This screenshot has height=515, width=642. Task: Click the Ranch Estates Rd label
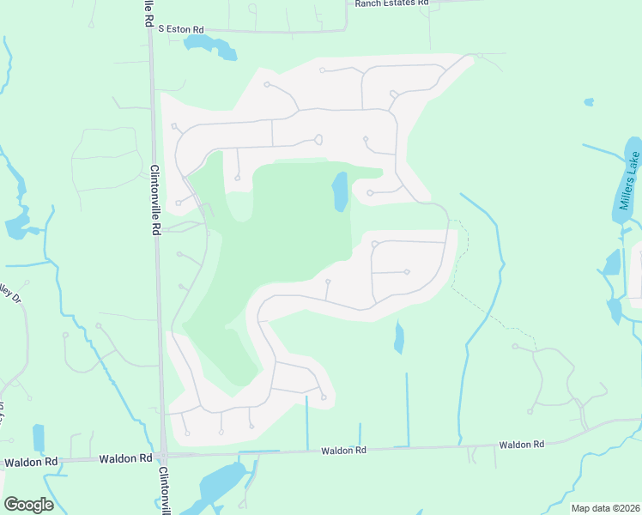pos(391,3)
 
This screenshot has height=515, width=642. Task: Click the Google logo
pos(28,505)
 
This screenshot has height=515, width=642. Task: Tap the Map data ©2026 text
pos(604,508)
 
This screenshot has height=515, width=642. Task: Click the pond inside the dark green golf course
pos(340,191)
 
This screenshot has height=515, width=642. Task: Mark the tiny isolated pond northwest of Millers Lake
pos(588,102)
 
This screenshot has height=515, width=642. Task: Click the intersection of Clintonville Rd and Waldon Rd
pos(161,456)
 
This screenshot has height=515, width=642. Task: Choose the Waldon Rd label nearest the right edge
pos(522,445)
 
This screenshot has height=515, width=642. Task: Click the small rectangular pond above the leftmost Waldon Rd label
pos(38,438)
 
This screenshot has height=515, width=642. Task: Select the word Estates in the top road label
pos(391,3)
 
